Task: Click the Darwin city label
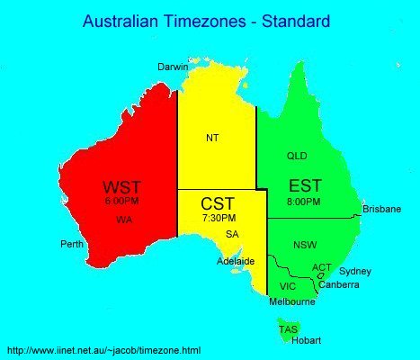(173, 67)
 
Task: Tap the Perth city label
(72, 244)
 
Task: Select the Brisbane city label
(381, 209)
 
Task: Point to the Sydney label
(355, 271)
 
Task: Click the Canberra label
(340, 284)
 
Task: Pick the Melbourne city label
(292, 302)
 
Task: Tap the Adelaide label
(237, 261)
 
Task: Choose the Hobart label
(307, 340)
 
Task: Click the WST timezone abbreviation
(121, 188)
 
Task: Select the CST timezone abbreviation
(219, 203)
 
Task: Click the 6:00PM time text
(121, 202)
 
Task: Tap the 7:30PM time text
(219, 218)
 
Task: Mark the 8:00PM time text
(304, 201)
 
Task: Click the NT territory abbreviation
(212, 138)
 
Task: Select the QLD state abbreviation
(297, 156)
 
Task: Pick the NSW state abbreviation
(305, 245)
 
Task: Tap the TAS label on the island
(288, 329)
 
